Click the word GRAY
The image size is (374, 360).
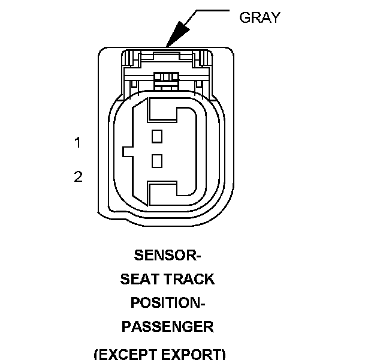[260, 17]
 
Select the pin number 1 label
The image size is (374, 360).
[77, 143]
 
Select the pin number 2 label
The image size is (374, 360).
[78, 177]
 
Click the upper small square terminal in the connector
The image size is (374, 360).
[157, 136]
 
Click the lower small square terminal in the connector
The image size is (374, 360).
[157, 161]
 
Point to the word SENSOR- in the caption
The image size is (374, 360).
[167, 256]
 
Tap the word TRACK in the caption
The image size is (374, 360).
[189, 279]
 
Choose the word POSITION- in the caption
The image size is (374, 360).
[167, 303]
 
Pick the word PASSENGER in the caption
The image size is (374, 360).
[167, 327]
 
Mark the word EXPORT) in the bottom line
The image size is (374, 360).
[194, 353]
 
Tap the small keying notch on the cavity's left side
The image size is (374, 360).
[127, 151]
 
